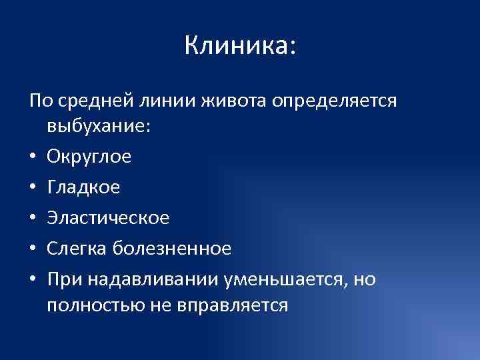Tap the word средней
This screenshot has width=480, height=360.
click(x=96, y=101)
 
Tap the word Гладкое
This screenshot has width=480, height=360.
click(x=84, y=188)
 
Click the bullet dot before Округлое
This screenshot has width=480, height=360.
click(x=33, y=158)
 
